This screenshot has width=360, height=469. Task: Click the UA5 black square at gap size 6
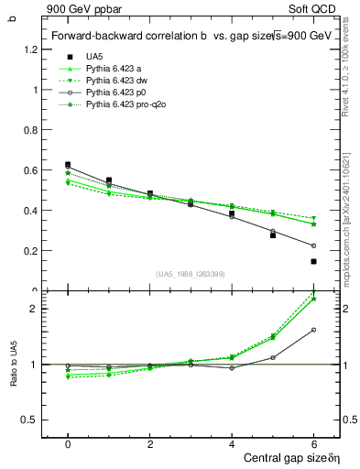pos(313,261)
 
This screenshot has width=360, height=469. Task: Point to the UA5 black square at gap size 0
pos(68,165)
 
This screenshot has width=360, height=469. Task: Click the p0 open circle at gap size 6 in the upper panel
pos(313,245)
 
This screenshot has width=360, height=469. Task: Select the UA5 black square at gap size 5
pos(272,235)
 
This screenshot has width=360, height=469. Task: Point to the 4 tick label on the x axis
pos(232,444)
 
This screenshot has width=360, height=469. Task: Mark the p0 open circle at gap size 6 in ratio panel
pos(313,330)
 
